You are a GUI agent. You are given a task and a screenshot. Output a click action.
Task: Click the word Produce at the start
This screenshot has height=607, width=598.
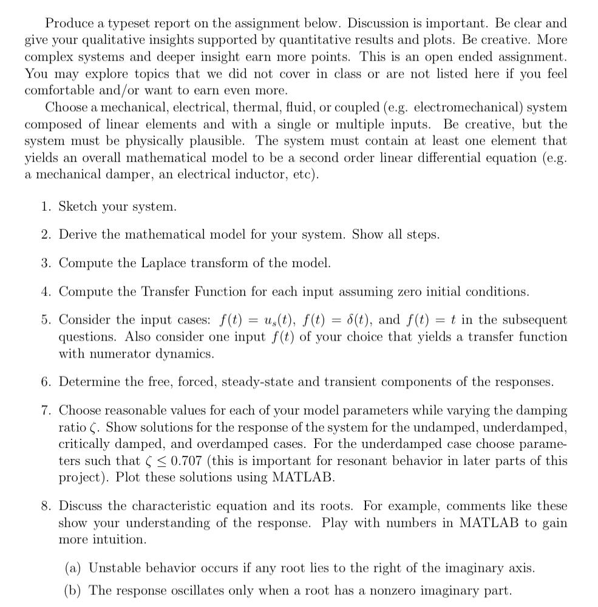click(68, 24)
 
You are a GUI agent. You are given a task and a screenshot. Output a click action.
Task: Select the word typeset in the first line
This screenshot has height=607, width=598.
click(129, 24)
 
